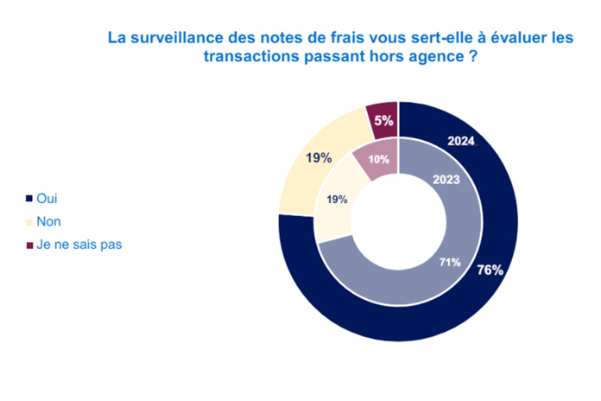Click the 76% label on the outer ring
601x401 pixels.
click(490, 269)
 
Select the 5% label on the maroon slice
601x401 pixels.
click(384, 121)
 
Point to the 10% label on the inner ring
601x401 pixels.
click(378, 159)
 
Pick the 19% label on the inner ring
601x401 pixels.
click(337, 200)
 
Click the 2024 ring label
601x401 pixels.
click(460, 142)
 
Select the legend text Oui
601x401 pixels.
click(47, 198)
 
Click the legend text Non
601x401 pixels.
click(49, 221)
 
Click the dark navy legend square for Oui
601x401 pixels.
click(30, 198)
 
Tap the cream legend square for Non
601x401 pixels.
click(30, 221)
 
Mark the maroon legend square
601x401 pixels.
click(30, 245)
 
